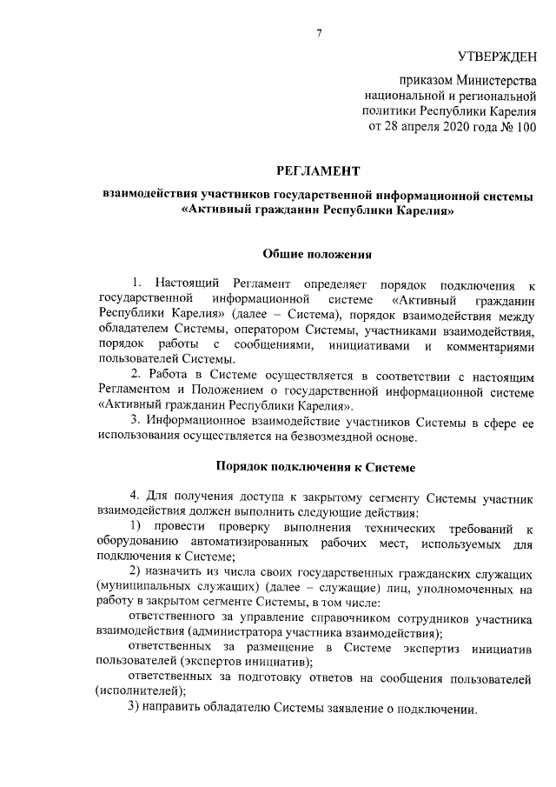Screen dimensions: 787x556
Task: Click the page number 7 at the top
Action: tap(318, 34)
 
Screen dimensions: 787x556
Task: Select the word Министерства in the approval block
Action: tap(491, 79)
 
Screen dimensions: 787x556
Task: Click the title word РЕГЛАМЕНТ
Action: tap(317, 172)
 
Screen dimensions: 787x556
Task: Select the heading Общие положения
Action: tap(317, 255)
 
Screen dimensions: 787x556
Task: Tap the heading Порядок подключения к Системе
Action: tap(317, 467)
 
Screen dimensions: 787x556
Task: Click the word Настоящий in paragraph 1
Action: tap(191, 284)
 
